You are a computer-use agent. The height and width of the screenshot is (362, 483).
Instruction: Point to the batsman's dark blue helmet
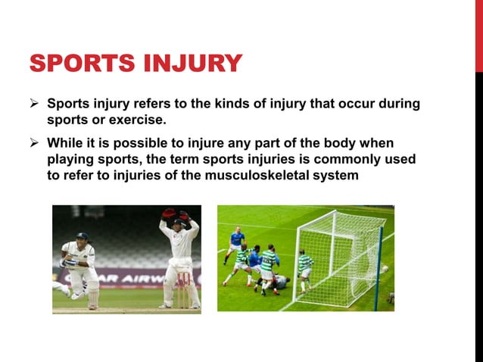tap(82, 237)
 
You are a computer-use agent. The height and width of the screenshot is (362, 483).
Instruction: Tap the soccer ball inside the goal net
tap(384, 269)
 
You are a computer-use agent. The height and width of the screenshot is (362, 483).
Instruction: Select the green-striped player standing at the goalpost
tap(305, 269)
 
